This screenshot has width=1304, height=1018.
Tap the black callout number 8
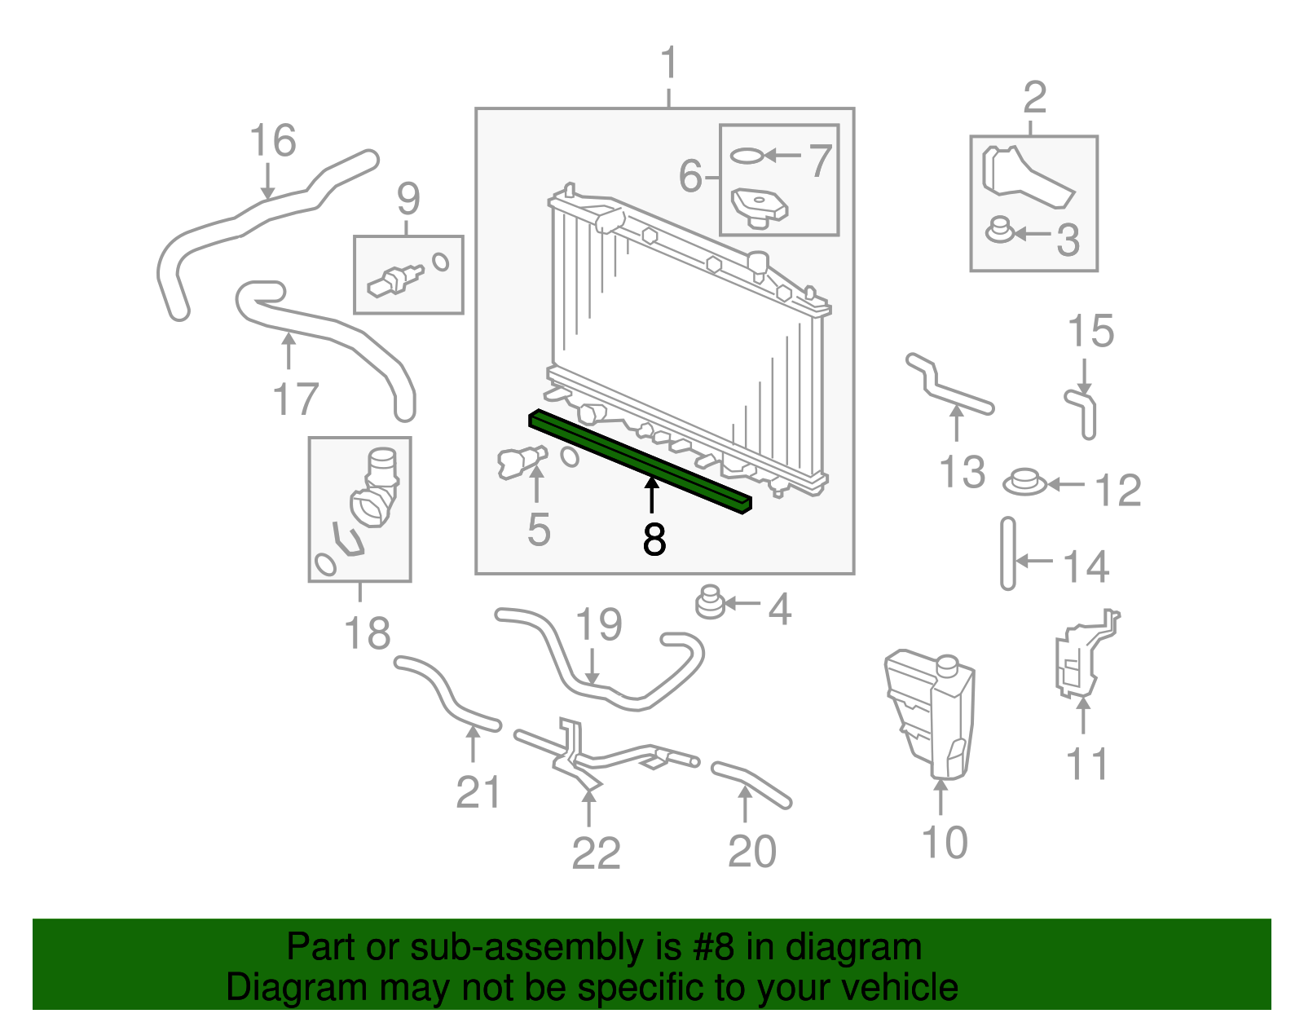pyautogui.click(x=654, y=540)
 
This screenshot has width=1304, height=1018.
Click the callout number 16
pyautogui.click(x=273, y=140)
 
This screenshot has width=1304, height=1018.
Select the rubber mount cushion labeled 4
pyautogui.click(x=711, y=603)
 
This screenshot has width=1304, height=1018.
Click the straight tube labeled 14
pyautogui.click(x=1008, y=553)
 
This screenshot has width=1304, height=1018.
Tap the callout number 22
pyautogui.click(x=596, y=853)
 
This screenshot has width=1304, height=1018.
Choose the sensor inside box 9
pyautogui.click(x=396, y=277)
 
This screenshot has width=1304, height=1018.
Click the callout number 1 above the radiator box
pyautogui.click(x=668, y=63)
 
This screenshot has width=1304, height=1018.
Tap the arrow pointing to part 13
pyautogui.click(x=957, y=423)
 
